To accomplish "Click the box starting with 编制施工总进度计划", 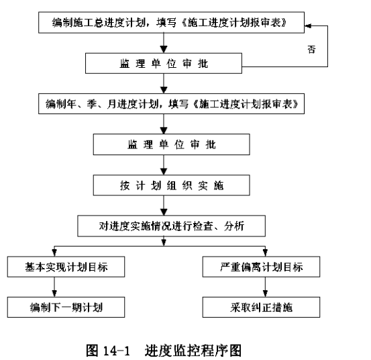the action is tap(171, 23).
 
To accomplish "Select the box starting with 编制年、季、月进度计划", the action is tap(171, 103).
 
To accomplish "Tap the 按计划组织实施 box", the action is tap(171, 185).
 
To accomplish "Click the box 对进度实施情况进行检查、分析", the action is tap(171, 226).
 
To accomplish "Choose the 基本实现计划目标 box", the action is tap(66, 267).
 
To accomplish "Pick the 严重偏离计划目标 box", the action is tap(261, 267).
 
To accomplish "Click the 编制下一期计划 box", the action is tap(66, 307).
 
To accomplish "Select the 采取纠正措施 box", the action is tap(261, 307).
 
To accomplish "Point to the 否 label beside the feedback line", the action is tap(311, 50).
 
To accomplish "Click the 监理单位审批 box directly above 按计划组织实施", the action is tap(171, 144).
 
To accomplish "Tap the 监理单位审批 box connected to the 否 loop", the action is tap(164, 63).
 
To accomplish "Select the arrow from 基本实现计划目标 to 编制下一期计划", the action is tap(54, 287).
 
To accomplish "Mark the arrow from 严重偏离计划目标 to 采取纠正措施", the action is tap(265, 287).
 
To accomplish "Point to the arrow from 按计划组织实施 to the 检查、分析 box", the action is tap(164, 206).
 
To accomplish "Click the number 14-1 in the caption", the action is tap(117, 351).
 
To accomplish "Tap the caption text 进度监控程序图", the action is tap(193, 351).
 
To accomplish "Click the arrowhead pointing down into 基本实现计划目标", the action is tap(54, 253).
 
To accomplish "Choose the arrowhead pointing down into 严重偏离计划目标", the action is tap(265, 253).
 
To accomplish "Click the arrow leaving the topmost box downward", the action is tap(164, 43).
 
